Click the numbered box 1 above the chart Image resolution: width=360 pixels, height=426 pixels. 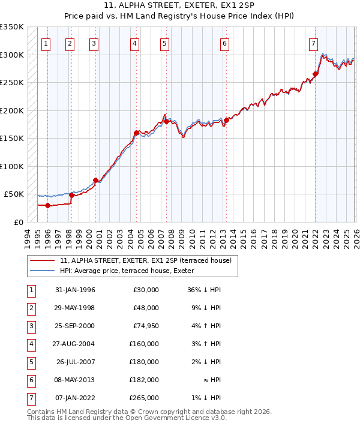click(46, 43)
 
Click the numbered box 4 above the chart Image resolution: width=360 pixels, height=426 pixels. click(136, 43)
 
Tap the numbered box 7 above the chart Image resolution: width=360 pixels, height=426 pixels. click(313, 43)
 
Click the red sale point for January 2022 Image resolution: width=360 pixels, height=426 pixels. click(315, 74)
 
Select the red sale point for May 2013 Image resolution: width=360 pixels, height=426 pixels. click(227, 121)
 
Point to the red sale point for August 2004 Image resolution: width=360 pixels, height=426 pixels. click(137, 133)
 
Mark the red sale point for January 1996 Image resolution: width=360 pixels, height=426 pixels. click(47, 205)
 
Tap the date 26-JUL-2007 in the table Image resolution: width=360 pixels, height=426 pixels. click(76, 362)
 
